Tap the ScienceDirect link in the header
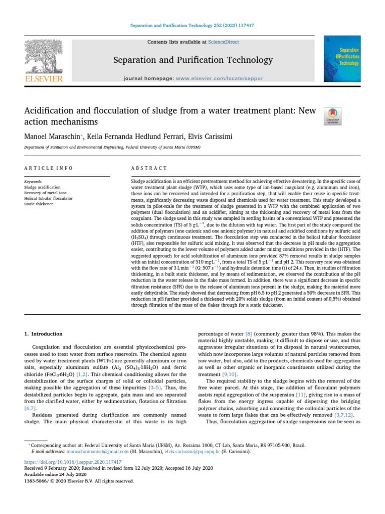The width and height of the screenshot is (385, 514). point(225,42)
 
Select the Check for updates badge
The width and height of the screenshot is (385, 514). point(333,116)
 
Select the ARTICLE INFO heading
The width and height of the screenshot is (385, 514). point(49,168)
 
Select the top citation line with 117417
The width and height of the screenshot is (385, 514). point(192,25)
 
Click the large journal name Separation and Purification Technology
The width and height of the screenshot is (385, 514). point(192,60)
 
